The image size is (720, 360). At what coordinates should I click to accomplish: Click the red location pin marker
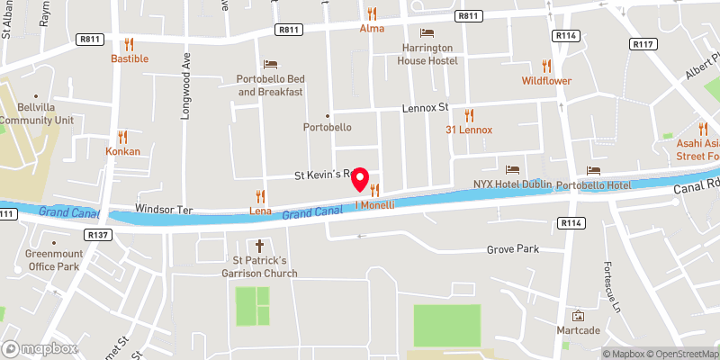coord(361,179)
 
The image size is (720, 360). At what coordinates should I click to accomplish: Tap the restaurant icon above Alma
coord(372,13)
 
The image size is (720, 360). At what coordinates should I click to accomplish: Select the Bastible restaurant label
coord(130,58)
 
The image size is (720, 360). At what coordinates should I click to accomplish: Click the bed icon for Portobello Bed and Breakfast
coord(270,63)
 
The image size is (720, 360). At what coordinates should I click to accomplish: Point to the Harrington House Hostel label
coord(428,54)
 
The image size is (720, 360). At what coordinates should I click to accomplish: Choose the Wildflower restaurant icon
coord(546,66)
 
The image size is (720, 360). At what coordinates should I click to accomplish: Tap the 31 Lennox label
coord(469,130)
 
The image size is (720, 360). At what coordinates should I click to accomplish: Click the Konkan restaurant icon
coord(122,137)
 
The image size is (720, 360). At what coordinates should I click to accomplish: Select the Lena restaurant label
coord(260,211)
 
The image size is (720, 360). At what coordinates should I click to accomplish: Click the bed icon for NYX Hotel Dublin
coord(512,169)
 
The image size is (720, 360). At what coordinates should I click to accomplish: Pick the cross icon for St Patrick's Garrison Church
coord(260,246)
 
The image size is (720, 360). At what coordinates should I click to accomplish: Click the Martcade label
coord(578,331)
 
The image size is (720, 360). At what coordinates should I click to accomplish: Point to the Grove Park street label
coord(512,248)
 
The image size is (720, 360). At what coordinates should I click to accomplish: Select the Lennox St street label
coord(424,108)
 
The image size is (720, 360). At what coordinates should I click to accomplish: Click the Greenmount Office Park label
coord(54,260)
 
